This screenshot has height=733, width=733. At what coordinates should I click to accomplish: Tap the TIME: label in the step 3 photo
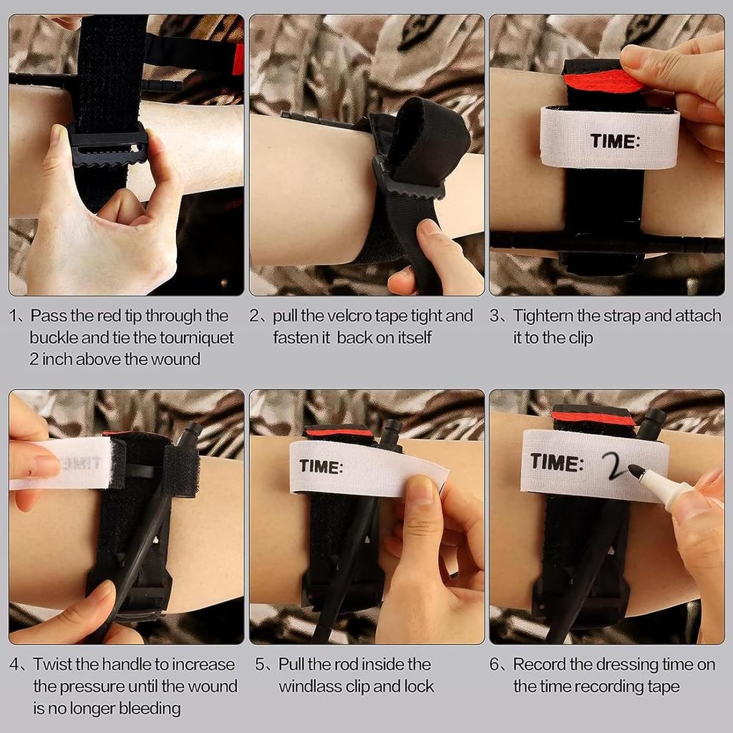[614, 141]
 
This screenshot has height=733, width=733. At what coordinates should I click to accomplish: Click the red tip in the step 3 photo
[603, 82]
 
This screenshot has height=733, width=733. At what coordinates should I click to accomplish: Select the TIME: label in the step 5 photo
[321, 466]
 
